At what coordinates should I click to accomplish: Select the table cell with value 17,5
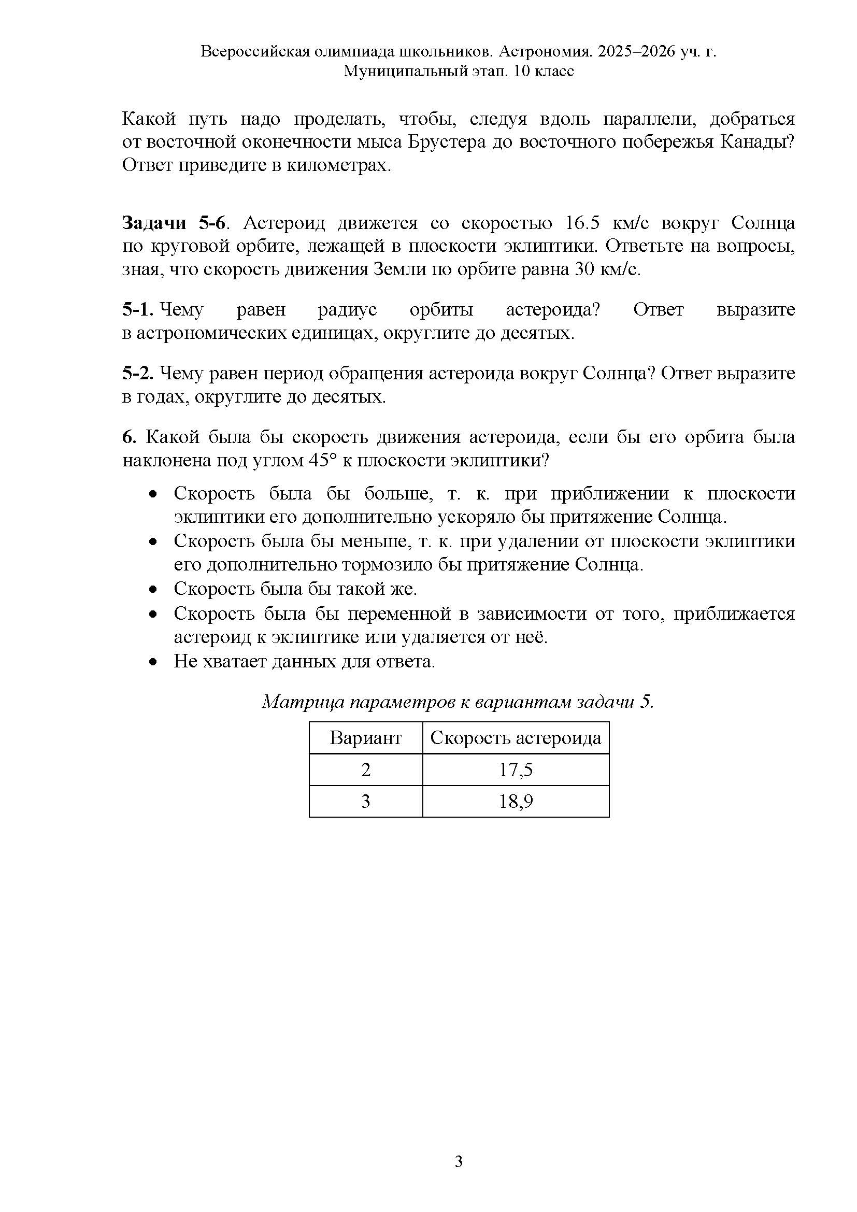[516, 769]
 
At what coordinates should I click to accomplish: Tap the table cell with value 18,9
[516, 801]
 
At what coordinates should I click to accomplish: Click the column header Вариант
[366, 737]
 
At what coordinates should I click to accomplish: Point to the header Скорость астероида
[516, 737]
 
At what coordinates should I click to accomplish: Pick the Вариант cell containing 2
[366, 769]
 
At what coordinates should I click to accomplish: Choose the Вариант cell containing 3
[366, 801]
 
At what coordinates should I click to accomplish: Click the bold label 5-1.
[138, 309]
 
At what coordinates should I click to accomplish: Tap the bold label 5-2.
[138, 373]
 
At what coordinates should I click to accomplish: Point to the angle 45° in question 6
[322, 460]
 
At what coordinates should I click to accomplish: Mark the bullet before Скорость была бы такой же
[153, 589]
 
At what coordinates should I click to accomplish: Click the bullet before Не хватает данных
[153, 662]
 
